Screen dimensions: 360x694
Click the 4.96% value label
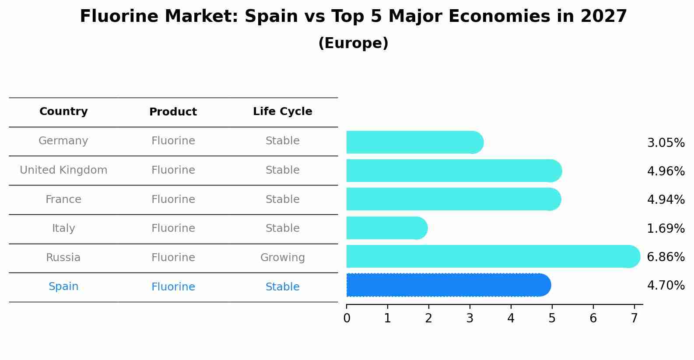coord(666,171)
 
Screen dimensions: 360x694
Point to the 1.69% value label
coord(666,228)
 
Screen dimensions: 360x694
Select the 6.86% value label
coord(666,257)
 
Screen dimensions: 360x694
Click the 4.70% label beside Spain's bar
coord(666,286)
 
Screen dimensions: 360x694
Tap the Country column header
coord(63,112)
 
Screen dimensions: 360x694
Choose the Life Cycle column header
coord(282,112)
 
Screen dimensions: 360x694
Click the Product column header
coord(173,112)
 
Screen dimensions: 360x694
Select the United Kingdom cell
coord(63,170)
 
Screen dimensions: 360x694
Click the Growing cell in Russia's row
coord(282,258)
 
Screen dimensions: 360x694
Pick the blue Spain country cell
coord(63,287)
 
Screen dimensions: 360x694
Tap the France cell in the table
coord(63,199)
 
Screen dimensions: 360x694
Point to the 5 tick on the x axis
coord(552,318)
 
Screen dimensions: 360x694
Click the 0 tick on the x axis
coord(347,318)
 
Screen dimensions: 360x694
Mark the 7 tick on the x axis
coord(634,318)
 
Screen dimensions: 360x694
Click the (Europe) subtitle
coord(353,43)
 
